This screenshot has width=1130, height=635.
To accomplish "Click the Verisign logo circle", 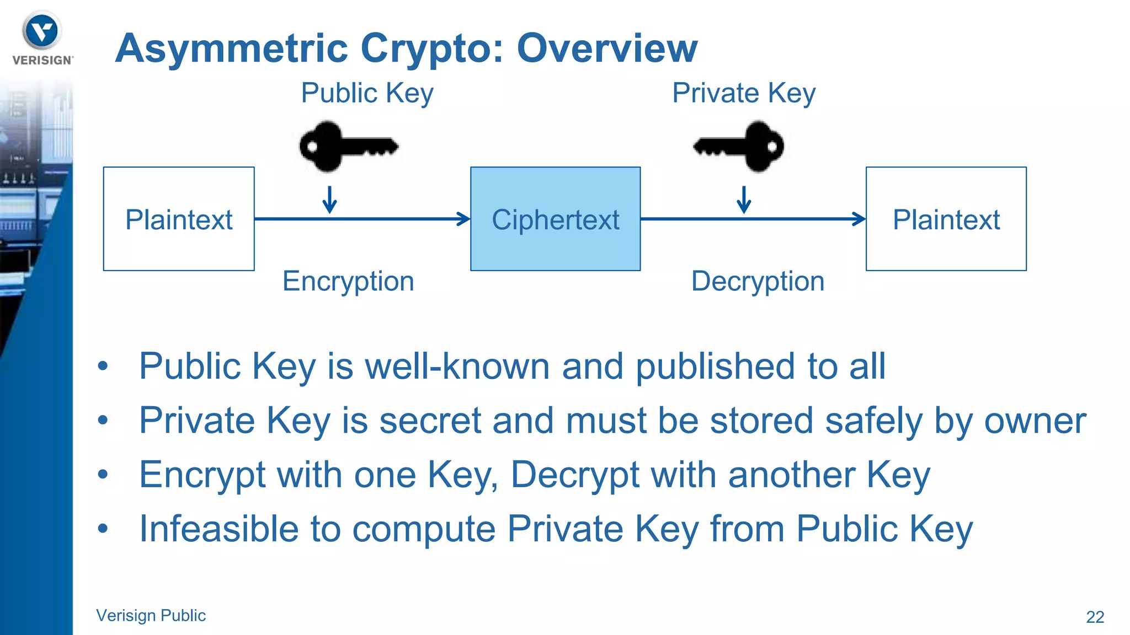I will pyautogui.click(x=42, y=31).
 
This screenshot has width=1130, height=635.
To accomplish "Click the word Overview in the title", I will pyautogui.click(x=607, y=49).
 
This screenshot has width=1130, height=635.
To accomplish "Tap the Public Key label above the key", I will pyautogui.click(x=367, y=93).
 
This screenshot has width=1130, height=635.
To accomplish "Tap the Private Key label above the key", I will pyautogui.click(x=743, y=93).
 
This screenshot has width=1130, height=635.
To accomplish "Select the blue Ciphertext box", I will pyautogui.click(x=555, y=219).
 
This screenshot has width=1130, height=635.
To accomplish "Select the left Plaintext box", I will pyautogui.click(x=179, y=219).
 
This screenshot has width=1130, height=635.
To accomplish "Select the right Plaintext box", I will pyautogui.click(x=946, y=219).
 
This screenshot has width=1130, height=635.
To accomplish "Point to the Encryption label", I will pyautogui.click(x=348, y=281).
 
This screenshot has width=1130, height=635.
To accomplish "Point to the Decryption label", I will pyautogui.click(x=758, y=281).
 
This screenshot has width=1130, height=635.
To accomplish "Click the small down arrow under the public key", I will pyautogui.click(x=329, y=201).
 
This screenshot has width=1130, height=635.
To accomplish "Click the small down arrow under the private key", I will pyautogui.click(x=744, y=201).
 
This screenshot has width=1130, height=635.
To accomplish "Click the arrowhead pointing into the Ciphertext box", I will pyautogui.click(x=463, y=219).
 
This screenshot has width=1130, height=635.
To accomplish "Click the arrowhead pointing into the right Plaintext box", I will pyautogui.click(x=859, y=219).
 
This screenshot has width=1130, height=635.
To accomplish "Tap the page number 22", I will pyautogui.click(x=1095, y=617).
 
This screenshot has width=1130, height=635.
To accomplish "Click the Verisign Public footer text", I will pyautogui.click(x=151, y=615).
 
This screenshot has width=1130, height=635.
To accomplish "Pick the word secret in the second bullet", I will pyautogui.click(x=430, y=421).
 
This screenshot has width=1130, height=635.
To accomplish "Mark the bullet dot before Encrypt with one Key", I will pyautogui.click(x=103, y=474).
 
